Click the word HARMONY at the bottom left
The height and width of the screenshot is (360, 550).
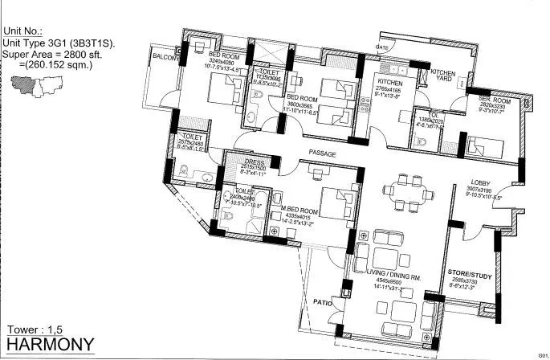coord(50,345)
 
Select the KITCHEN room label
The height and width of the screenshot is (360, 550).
coord(390,81)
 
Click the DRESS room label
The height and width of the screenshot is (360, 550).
coord(254,160)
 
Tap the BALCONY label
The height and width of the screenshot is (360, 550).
coord(165,58)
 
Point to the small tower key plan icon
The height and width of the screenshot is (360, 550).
coord(35,81)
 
